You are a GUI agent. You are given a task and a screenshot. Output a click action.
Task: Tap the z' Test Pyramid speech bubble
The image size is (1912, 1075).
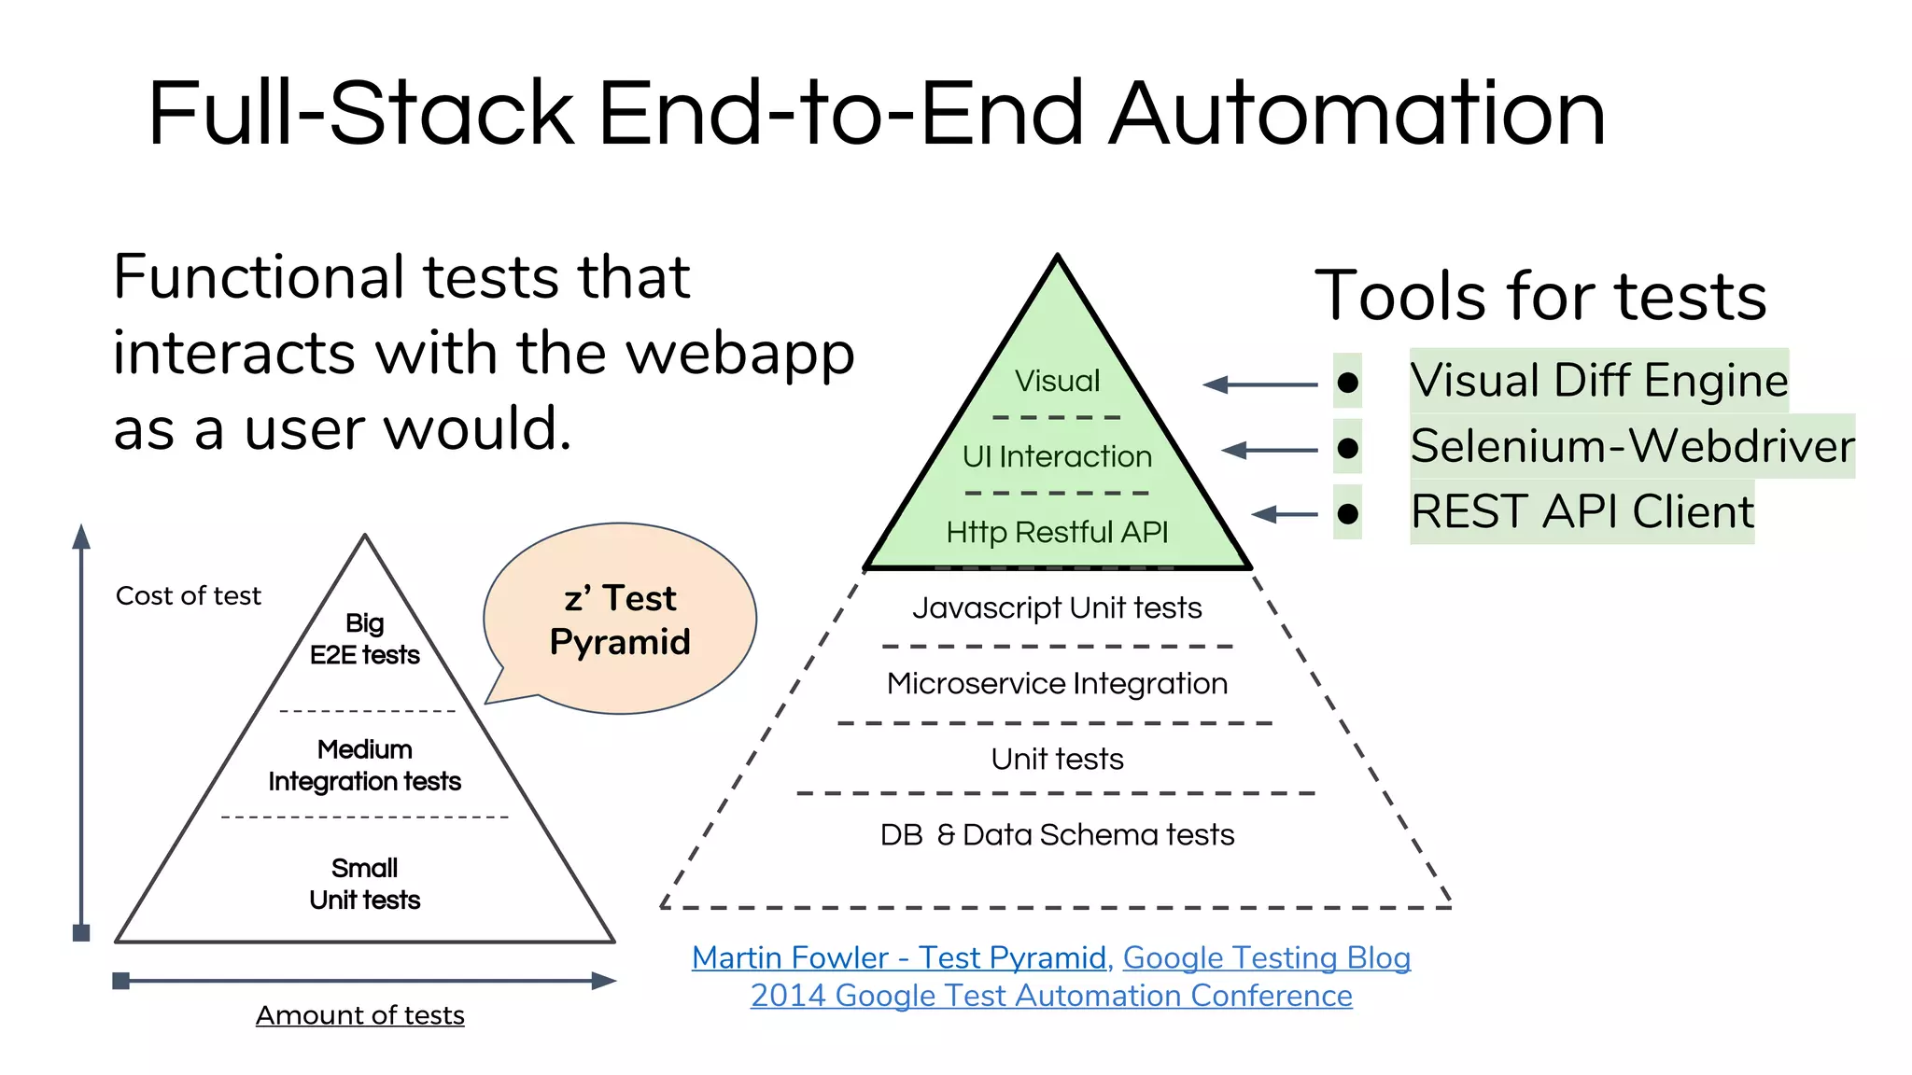[620, 620]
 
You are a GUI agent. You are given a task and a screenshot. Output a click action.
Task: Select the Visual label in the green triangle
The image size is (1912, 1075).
[1057, 381]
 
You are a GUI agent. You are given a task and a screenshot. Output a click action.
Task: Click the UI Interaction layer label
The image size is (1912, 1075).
[1057, 456]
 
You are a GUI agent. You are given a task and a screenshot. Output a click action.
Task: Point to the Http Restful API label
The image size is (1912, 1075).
[1057, 532]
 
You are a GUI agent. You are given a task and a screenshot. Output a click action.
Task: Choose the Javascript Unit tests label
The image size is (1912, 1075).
[1057, 607]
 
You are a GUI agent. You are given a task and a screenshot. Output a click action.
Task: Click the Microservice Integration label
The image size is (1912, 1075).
[1057, 683]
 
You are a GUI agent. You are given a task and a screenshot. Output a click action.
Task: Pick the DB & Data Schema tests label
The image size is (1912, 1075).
[1057, 834]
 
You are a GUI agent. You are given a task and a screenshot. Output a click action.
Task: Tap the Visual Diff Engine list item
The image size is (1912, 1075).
[1598, 380]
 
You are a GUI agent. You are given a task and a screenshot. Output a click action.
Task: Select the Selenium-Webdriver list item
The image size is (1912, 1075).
[1632, 445]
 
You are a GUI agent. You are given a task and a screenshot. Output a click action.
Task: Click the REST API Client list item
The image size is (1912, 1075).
[1582, 511]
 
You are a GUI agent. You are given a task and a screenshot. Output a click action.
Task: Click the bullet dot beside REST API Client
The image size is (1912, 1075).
[1347, 513]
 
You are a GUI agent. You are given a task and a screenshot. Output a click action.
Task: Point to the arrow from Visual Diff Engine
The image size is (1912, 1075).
[1259, 384]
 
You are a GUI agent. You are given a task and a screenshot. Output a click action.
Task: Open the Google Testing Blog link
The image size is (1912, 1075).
[1266, 957]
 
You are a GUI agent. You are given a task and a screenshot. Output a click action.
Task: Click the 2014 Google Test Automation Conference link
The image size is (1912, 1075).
[1051, 996]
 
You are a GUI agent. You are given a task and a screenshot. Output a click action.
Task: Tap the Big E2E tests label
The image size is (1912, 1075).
[364, 639]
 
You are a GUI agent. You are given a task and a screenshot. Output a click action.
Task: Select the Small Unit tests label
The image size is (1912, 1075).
[364, 884]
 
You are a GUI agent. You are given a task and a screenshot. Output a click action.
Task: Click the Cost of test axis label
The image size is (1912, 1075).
[188, 595]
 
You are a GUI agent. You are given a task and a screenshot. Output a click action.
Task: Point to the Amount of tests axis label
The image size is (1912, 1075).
[359, 1015]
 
